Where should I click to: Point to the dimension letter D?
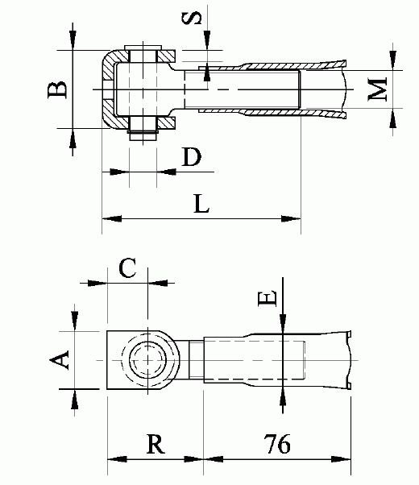point(191,157)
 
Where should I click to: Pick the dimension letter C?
point(127,268)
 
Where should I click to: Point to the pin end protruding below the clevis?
point(142,134)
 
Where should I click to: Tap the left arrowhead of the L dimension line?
point(107,218)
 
